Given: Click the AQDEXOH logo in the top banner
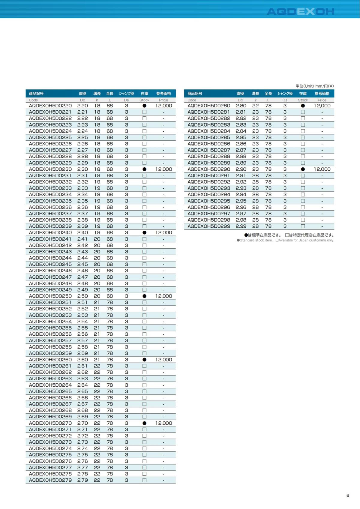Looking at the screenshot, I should pos(300,11).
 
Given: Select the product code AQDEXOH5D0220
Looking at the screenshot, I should pos(50,106).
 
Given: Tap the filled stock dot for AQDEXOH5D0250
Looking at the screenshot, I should pos(144,296).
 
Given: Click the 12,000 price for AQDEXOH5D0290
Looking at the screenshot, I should pos(322,169).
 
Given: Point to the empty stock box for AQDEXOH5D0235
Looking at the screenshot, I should pos(144,201).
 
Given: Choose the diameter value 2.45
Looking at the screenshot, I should pos(82,264).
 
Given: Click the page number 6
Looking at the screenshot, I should pos(348,495).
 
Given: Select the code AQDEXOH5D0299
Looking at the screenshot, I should pos(209,226).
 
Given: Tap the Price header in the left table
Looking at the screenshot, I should pos(163,100).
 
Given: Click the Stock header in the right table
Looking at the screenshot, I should pos(303,100).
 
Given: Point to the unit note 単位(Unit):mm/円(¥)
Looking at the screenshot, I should pos(315,86).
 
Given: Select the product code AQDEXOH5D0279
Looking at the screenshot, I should pos(50,480).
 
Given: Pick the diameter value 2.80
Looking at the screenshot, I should pos(241,106).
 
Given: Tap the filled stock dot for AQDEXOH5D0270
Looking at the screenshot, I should pos(144,423).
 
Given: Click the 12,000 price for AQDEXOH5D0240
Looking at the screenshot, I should pos(163,232).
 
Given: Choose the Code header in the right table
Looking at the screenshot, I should pos(192,100).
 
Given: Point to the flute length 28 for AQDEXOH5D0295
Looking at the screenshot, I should pos(255,201).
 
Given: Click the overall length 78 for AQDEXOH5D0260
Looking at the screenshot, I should pos(110,360).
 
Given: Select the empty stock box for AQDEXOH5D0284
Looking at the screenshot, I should pos(303,131).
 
